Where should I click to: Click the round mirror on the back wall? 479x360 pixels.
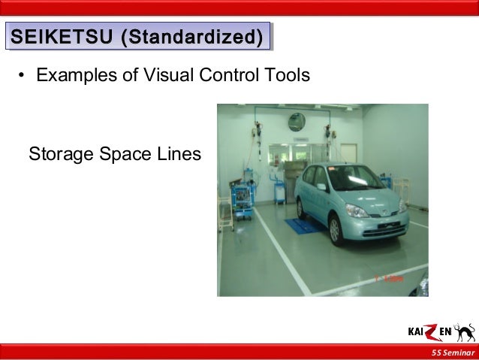click(297, 122)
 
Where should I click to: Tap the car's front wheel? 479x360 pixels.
click(336, 228)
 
